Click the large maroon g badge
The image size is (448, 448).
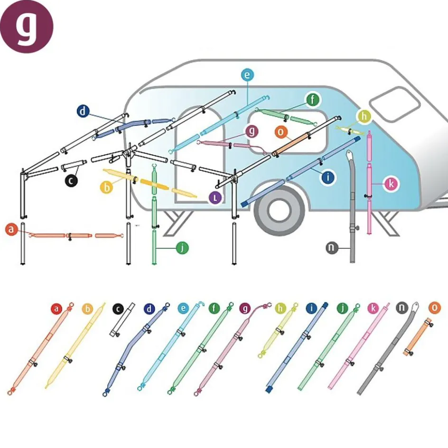27,27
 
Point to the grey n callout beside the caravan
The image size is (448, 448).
333,248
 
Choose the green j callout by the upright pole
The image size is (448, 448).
182,247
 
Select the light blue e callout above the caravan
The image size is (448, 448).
247,75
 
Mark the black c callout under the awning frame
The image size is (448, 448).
72,180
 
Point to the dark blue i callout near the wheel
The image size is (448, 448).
328,177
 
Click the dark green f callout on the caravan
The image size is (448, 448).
312,100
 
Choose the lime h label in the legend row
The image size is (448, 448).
280,309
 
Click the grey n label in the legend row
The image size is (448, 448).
402,309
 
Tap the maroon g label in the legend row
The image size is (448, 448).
246,309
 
